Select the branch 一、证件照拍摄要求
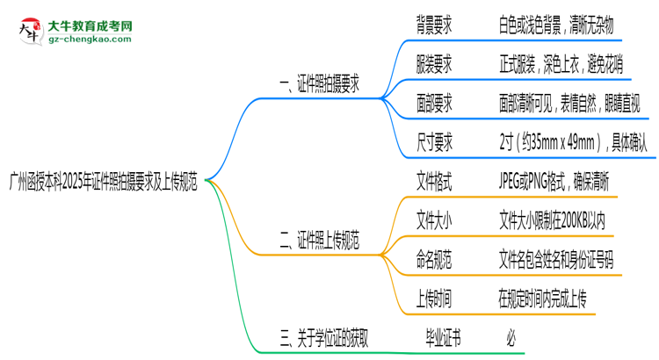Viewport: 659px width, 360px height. [x=318, y=86]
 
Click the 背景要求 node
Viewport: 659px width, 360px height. [x=434, y=25]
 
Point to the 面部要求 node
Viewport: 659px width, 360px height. [x=434, y=104]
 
